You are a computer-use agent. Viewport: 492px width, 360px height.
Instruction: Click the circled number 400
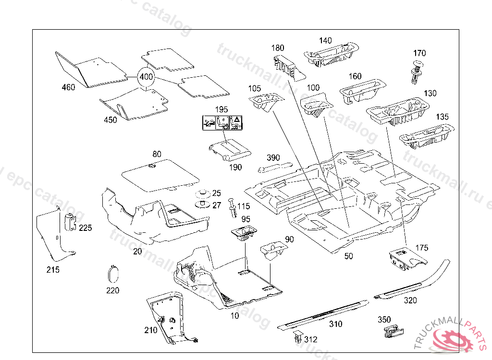click(x=146, y=77)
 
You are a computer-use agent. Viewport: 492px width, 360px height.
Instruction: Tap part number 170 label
click(x=419, y=53)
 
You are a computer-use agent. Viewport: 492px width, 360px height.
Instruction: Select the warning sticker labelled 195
click(x=221, y=123)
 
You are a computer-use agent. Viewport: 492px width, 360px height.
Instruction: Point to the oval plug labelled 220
click(x=113, y=273)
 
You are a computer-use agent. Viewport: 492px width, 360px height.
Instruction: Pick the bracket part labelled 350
click(x=392, y=331)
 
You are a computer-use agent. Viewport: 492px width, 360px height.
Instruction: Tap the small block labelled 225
click(x=71, y=222)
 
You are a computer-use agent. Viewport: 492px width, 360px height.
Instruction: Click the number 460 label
click(x=69, y=88)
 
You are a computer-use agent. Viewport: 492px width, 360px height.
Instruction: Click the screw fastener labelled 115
click(x=233, y=207)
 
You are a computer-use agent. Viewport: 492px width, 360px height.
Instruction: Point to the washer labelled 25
click(x=202, y=194)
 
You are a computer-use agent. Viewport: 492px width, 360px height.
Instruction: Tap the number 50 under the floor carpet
click(x=348, y=256)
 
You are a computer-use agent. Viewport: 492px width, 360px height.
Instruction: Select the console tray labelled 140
click(x=331, y=54)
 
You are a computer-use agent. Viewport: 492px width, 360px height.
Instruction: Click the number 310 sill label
click(x=335, y=324)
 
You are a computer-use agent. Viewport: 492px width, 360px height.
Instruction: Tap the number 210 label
click(x=151, y=330)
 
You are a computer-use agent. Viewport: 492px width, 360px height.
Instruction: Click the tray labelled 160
click(x=361, y=90)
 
